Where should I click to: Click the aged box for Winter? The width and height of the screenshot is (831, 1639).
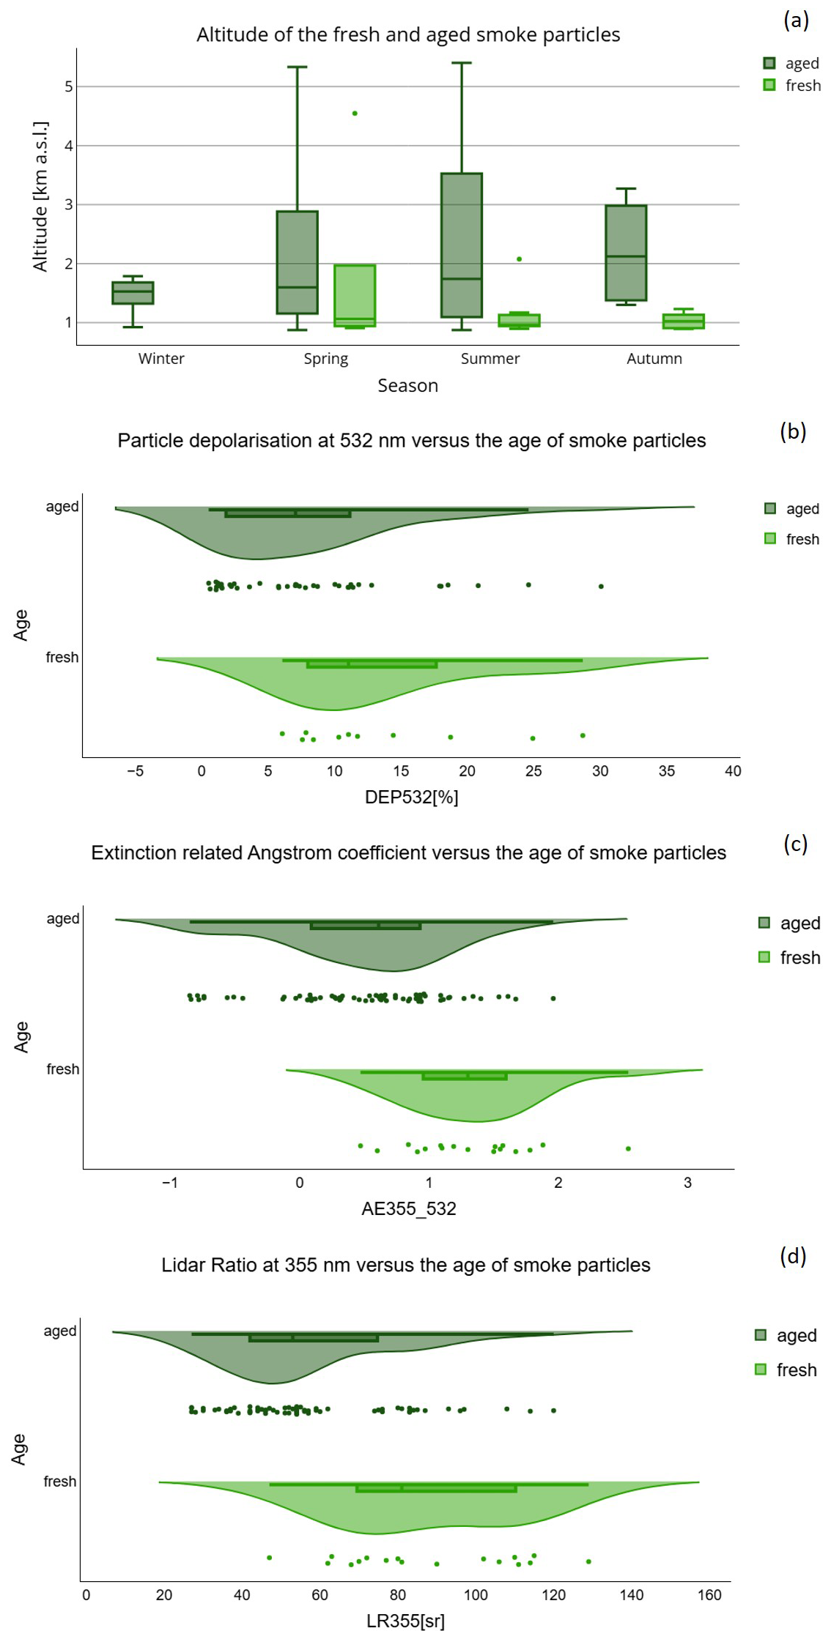click(x=133, y=292)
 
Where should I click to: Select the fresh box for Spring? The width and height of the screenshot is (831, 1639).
click(x=355, y=295)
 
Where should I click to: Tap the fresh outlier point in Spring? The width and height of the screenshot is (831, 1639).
click(x=355, y=114)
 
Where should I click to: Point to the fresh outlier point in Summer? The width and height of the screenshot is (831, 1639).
click(x=520, y=259)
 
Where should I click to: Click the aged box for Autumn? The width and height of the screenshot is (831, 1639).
click(x=626, y=253)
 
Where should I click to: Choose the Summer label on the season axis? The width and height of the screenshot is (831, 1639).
click(x=490, y=359)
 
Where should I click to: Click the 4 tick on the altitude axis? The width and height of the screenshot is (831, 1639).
click(x=69, y=146)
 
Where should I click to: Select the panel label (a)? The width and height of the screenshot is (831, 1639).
click(x=796, y=20)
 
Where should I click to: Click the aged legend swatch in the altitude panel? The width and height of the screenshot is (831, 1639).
click(x=769, y=64)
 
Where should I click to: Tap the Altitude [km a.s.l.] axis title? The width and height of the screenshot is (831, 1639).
click(x=40, y=196)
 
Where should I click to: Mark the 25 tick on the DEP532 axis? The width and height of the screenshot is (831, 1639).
click(x=533, y=771)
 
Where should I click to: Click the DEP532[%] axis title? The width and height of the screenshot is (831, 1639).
click(x=411, y=797)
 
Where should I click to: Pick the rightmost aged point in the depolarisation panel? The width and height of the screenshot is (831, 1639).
click(x=601, y=586)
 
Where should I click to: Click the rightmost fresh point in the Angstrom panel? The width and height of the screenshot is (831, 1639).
click(x=628, y=1148)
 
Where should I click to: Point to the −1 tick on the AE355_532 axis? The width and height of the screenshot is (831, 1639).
click(x=169, y=1183)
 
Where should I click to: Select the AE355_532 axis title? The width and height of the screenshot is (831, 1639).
click(x=408, y=1208)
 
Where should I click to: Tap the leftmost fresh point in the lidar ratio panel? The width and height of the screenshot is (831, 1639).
click(x=270, y=1558)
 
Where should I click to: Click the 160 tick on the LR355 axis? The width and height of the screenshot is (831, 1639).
click(x=709, y=1595)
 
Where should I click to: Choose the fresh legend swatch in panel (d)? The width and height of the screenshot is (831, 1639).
click(x=761, y=1369)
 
